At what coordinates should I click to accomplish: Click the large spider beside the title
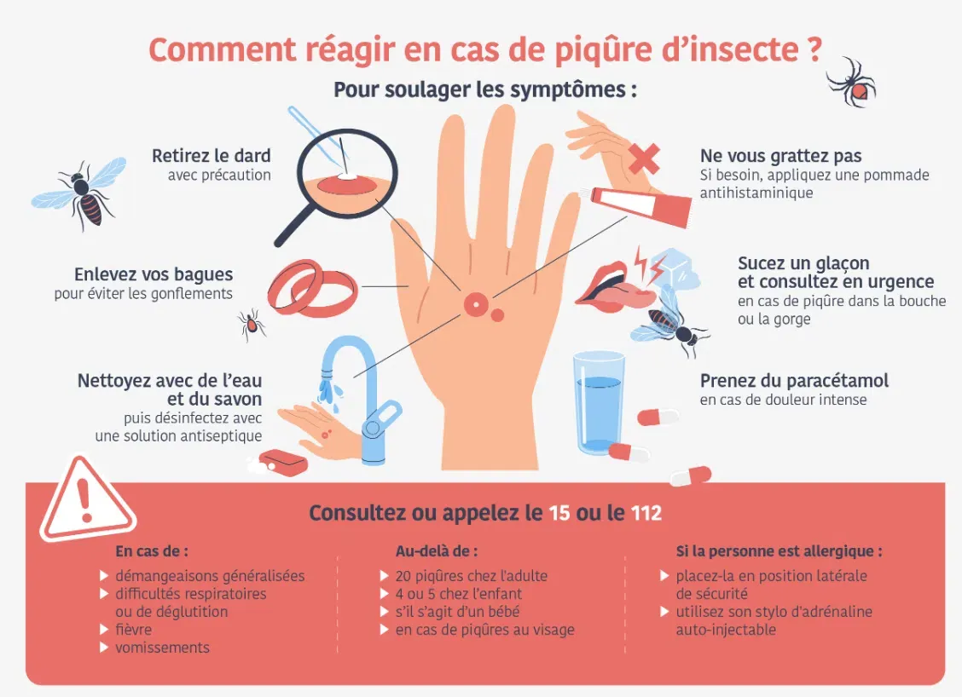(x=852, y=83)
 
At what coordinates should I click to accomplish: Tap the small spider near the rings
(x=252, y=324)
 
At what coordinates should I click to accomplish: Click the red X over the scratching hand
(x=644, y=158)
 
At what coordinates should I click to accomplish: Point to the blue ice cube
(x=675, y=270)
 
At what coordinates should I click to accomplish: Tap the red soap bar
(x=283, y=461)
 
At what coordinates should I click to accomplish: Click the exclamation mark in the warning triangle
(x=84, y=500)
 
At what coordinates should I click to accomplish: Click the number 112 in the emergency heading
(x=646, y=512)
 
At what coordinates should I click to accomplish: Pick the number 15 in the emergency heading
(x=559, y=512)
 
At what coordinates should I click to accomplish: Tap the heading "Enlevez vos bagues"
(x=154, y=274)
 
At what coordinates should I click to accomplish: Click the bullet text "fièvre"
(x=133, y=630)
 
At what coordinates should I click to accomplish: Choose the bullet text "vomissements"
(x=162, y=648)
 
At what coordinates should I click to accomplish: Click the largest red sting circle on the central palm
(x=475, y=304)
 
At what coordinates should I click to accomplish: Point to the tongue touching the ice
(x=621, y=296)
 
